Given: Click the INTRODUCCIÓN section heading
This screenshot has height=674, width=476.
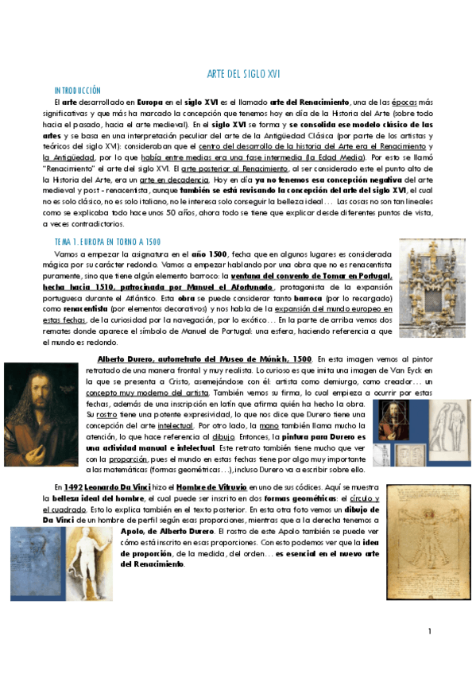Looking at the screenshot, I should pos(78,91).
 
